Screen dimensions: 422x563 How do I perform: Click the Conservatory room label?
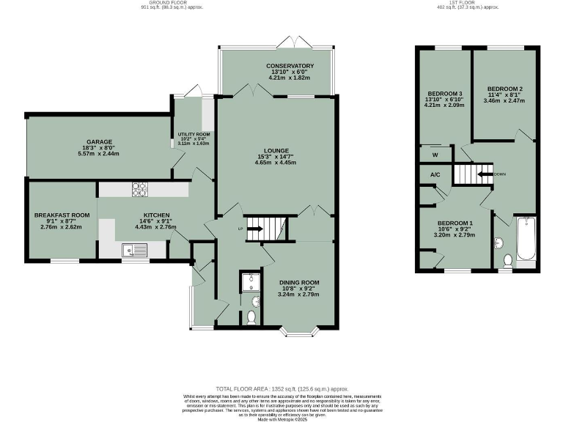[x=290, y=66]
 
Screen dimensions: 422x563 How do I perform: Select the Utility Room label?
[x=194, y=135]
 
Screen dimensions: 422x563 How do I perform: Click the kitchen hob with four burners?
[x=139, y=189]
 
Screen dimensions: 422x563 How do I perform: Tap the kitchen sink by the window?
[x=136, y=251]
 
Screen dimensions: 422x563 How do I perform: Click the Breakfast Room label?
[x=62, y=215]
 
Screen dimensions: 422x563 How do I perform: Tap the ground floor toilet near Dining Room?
[x=251, y=317]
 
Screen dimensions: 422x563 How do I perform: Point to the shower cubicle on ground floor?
[x=249, y=281]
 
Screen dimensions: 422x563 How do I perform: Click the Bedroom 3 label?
[x=445, y=94]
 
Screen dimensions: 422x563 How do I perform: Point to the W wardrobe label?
[x=434, y=155]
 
